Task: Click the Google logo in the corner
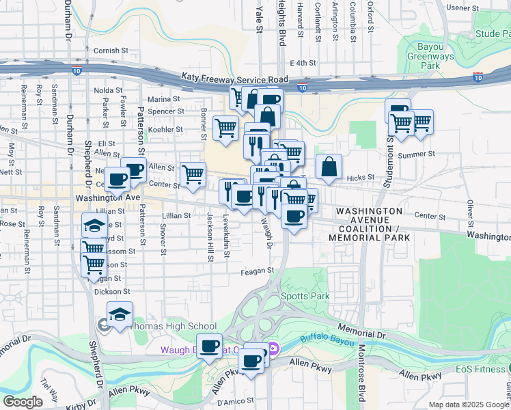pos(23,402)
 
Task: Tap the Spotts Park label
pos(305,297)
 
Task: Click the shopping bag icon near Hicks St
pos(329,167)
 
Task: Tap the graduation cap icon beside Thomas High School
pos(120,314)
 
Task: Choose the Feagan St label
pos(257,271)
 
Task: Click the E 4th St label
pos(305,63)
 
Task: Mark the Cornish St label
pos(111,51)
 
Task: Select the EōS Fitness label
pos(483,369)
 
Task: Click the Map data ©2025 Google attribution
pos(469,405)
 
